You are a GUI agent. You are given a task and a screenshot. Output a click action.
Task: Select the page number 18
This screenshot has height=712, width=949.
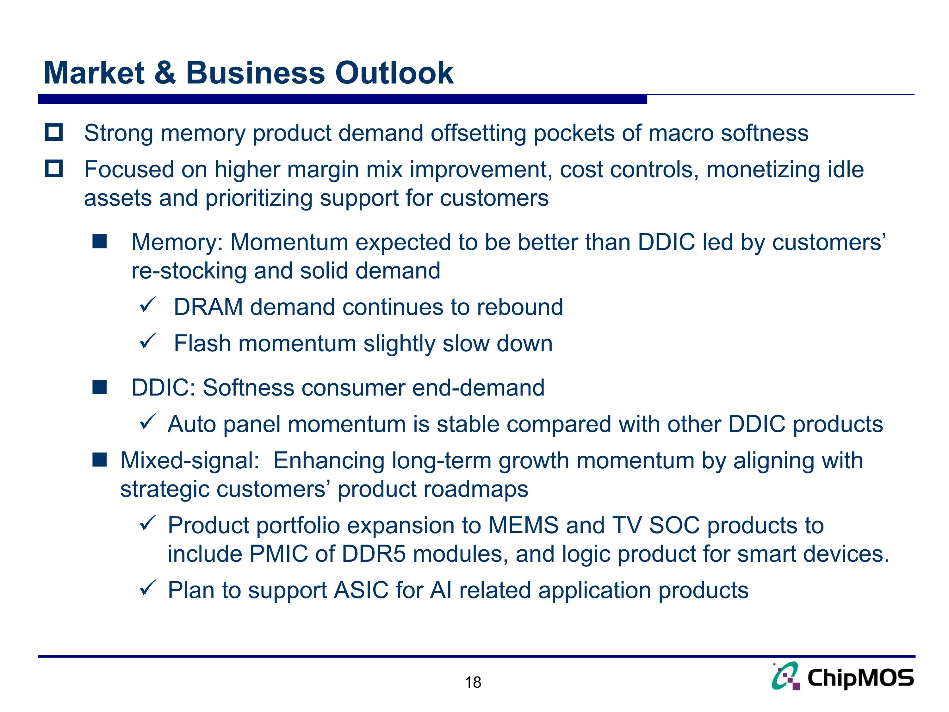click(473, 682)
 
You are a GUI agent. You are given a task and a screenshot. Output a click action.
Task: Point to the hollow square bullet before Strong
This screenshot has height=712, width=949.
click(54, 132)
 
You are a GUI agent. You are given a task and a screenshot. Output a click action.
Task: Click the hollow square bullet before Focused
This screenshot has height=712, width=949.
click(54, 169)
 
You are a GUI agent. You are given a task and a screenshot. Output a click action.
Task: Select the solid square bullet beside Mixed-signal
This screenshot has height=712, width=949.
click(100, 460)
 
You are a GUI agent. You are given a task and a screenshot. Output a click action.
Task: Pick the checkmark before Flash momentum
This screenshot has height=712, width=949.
click(148, 342)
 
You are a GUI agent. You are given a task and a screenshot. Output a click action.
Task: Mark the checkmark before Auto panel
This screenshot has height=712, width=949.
click(148, 422)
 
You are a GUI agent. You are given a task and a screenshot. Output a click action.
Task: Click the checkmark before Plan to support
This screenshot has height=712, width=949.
click(148, 588)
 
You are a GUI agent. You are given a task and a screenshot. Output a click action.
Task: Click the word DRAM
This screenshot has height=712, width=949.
click(208, 307)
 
